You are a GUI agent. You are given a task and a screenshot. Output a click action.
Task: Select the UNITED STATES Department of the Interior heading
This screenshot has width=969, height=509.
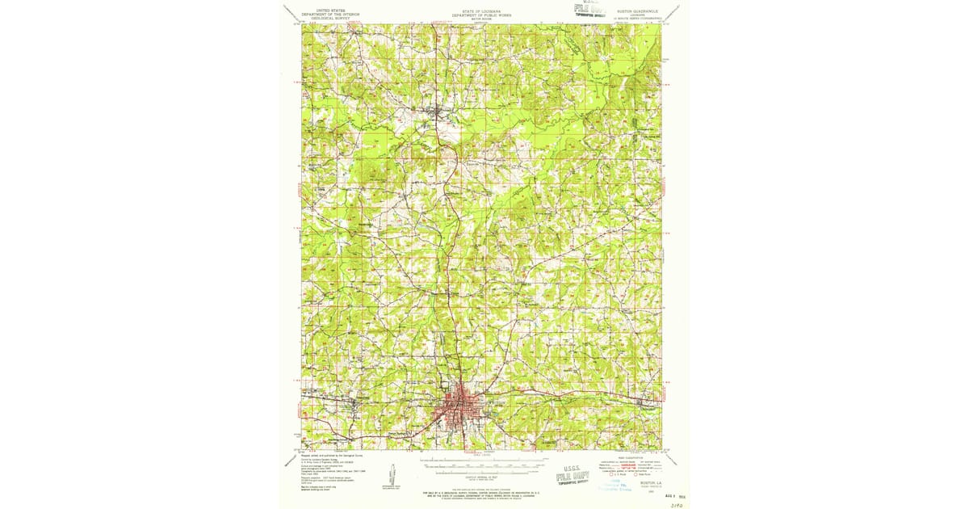coord(329,14)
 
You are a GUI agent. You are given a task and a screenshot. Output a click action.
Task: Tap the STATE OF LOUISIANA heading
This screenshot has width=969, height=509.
coord(481,13)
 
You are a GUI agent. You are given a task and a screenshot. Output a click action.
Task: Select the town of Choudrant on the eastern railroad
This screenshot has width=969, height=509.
coord(644,402)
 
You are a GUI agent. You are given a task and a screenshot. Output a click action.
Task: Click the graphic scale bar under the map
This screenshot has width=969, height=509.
coord(481,466)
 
